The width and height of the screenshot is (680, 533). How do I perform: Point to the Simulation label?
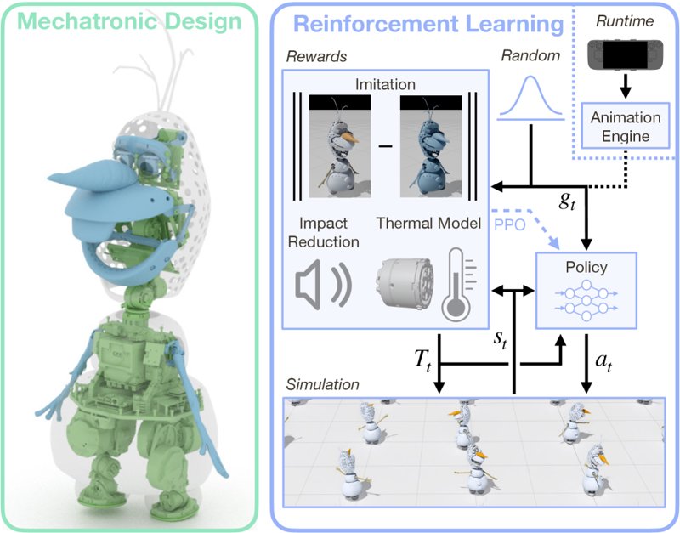coord(322,384)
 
